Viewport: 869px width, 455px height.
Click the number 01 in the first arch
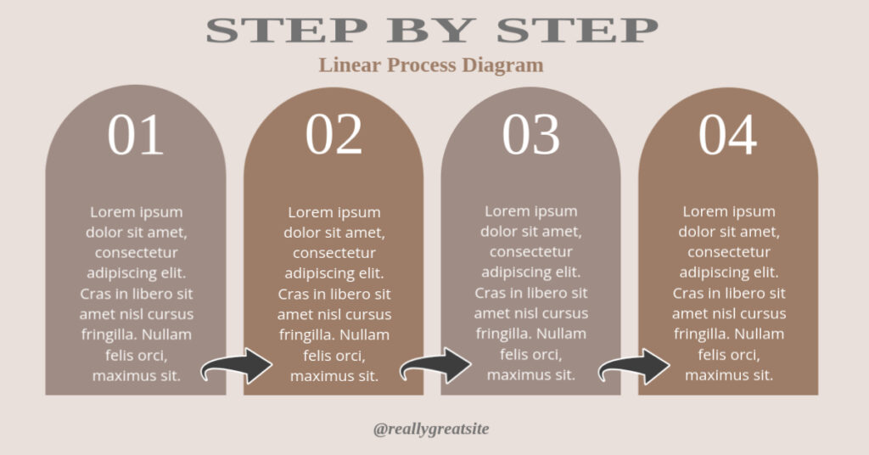136,136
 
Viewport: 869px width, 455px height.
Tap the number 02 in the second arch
334,136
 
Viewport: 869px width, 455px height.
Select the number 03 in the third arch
530,136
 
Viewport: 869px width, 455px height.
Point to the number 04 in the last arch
728,136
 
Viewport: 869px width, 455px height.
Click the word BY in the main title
432,30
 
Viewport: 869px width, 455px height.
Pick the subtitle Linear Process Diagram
431,65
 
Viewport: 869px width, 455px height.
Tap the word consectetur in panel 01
136,252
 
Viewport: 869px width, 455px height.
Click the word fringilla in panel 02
307,334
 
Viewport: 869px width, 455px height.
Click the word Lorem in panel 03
507,211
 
